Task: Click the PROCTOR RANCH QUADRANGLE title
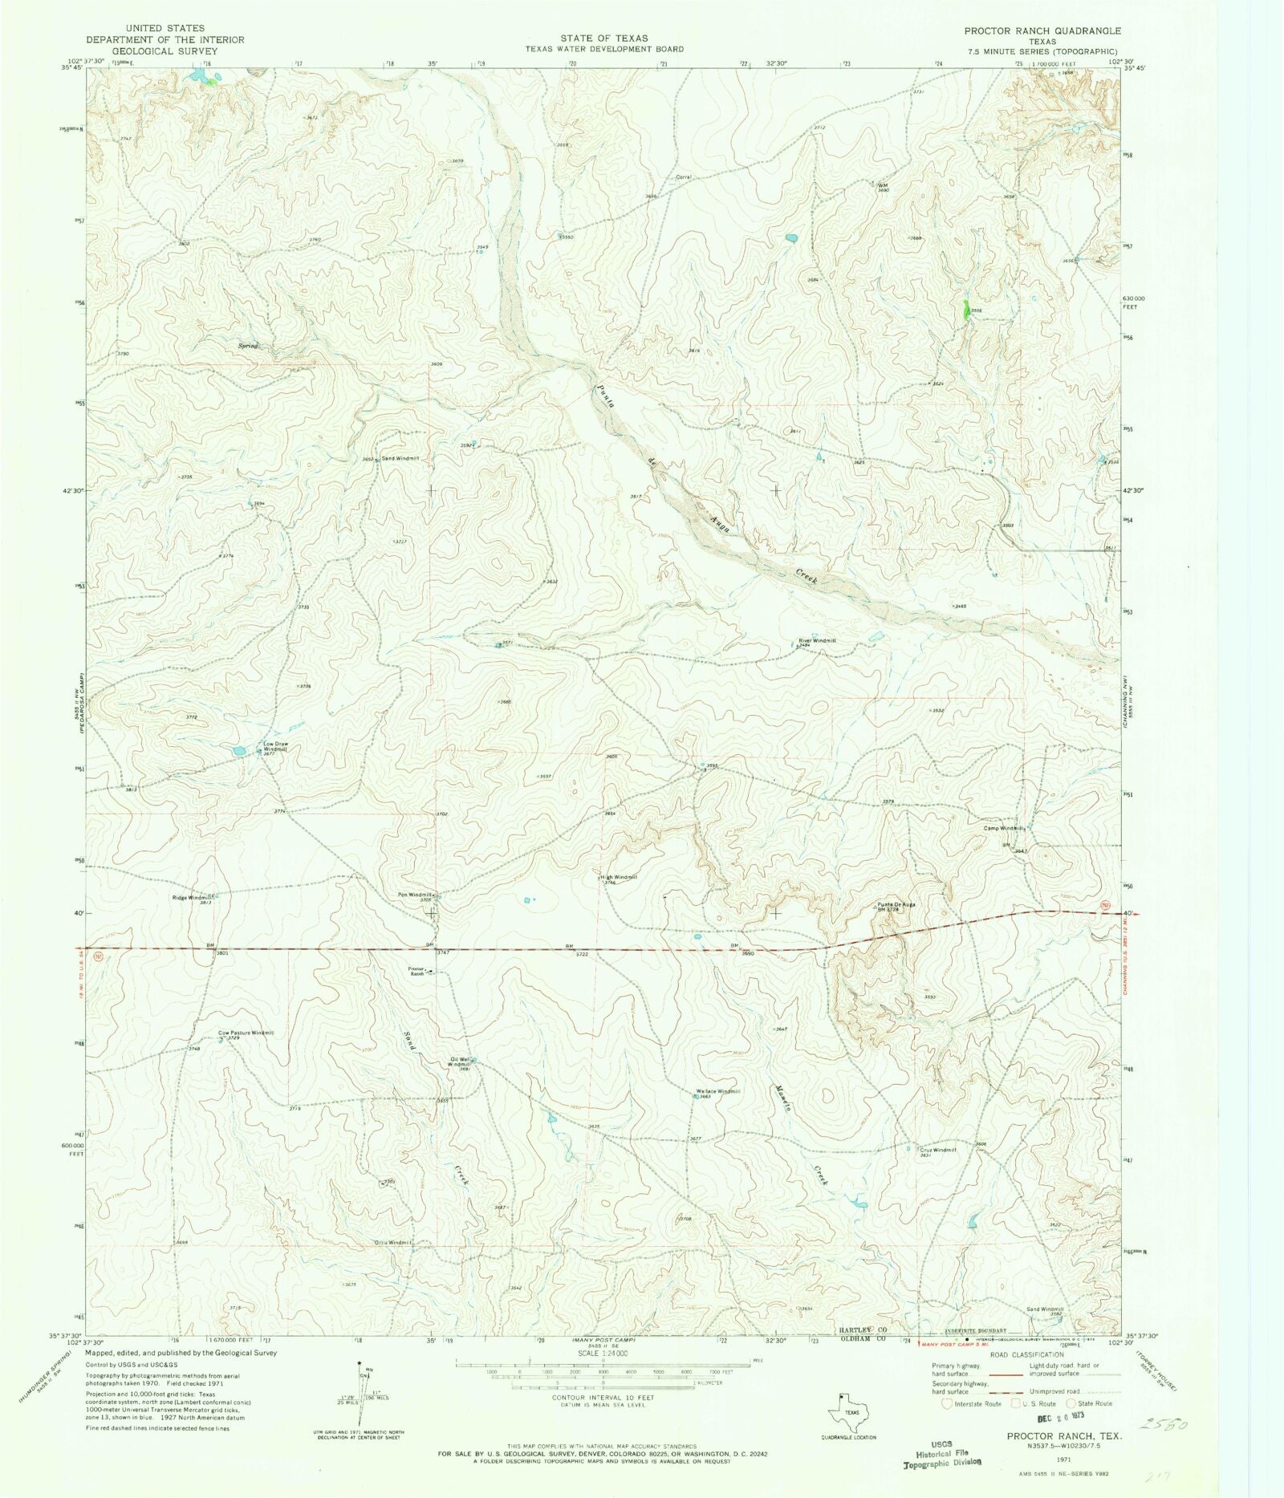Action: tap(1042, 30)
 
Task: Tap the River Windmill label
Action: tap(817, 640)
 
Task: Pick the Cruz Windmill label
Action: tap(937, 1150)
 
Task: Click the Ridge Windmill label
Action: tap(193, 897)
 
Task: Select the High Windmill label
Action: tap(619, 877)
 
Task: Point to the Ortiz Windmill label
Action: tap(392, 1243)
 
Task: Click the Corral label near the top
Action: tap(683, 177)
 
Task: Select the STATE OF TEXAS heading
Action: tap(604, 38)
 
